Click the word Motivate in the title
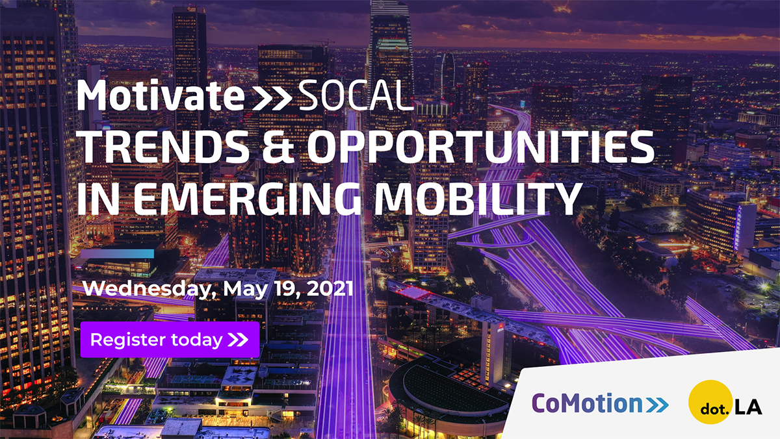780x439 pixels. point(161,95)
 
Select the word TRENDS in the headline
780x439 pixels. point(163,147)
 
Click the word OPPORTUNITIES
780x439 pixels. point(480,147)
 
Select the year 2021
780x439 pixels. point(330,288)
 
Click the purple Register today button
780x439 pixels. point(170,340)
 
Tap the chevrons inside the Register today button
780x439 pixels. point(238,340)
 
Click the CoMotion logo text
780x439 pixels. point(587,403)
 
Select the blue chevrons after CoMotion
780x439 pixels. point(657,405)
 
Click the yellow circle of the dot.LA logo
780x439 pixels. point(710,402)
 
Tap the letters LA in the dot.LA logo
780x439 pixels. point(748,407)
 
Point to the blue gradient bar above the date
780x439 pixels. point(118,253)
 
